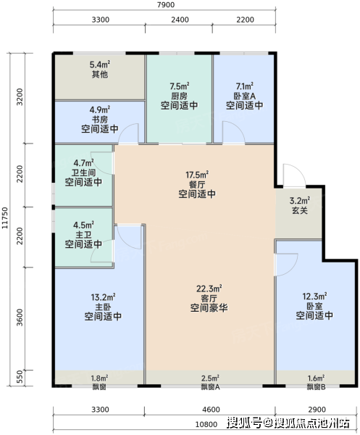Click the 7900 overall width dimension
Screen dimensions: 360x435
[x=166, y=5]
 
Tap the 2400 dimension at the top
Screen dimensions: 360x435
[x=180, y=20]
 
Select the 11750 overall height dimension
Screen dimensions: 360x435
[x=5, y=218]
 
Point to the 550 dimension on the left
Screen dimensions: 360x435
[x=20, y=377]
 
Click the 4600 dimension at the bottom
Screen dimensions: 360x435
[x=211, y=410]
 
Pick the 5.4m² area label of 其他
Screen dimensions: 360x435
[x=100, y=65]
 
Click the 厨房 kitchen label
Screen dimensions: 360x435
[x=180, y=96]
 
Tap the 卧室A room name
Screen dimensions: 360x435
[x=244, y=96]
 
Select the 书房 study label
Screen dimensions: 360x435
[x=100, y=120]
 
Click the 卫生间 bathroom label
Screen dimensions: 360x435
[x=84, y=173]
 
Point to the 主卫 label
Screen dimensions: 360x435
[x=84, y=235]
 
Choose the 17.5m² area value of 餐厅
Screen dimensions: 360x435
[x=197, y=175]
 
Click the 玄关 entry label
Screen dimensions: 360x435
[x=300, y=210]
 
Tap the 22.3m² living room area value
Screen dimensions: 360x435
[x=209, y=289]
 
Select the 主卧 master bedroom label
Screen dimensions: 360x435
[x=103, y=307]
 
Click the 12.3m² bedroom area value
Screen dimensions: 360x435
[x=314, y=297]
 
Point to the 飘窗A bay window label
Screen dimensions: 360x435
[x=210, y=386]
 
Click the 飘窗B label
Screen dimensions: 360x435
[x=317, y=386]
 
